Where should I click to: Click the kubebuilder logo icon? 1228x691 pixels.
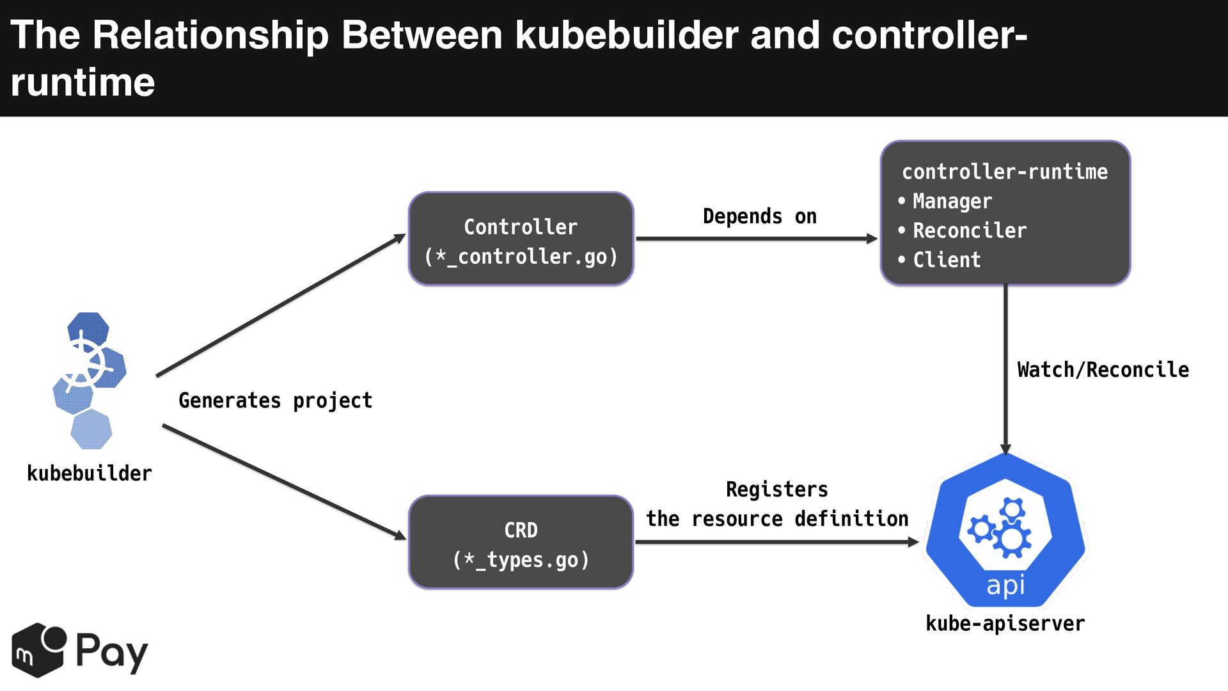coord(90,381)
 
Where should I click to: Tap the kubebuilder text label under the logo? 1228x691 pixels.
coord(90,473)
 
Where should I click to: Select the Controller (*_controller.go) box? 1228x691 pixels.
coord(521,239)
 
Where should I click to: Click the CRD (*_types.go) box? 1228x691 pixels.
coord(521,542)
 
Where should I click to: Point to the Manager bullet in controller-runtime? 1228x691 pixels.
coord(945,201)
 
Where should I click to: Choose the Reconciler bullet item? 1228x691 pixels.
coord(963,230)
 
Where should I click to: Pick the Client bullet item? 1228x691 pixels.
coord(940,260)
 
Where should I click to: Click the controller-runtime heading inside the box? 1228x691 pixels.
coord(1005,171)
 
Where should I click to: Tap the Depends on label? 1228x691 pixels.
coord(760,216)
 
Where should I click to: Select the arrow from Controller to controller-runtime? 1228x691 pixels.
coord(757,239)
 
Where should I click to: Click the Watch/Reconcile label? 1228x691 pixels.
coord(1103,370)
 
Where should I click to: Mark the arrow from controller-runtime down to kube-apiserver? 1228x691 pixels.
coord(1005,370)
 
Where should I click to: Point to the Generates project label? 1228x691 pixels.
coord(276,401)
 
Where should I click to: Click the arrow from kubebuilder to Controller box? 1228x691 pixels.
coord(281,305)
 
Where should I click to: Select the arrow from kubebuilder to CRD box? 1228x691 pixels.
coord(285,482)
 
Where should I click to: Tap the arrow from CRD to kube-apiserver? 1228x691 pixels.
coord(778,542)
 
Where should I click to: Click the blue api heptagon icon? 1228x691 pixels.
coord(1005,530)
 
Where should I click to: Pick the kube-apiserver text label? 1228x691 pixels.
coord(1005,623)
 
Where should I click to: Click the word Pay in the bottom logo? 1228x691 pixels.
coord(112,652)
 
